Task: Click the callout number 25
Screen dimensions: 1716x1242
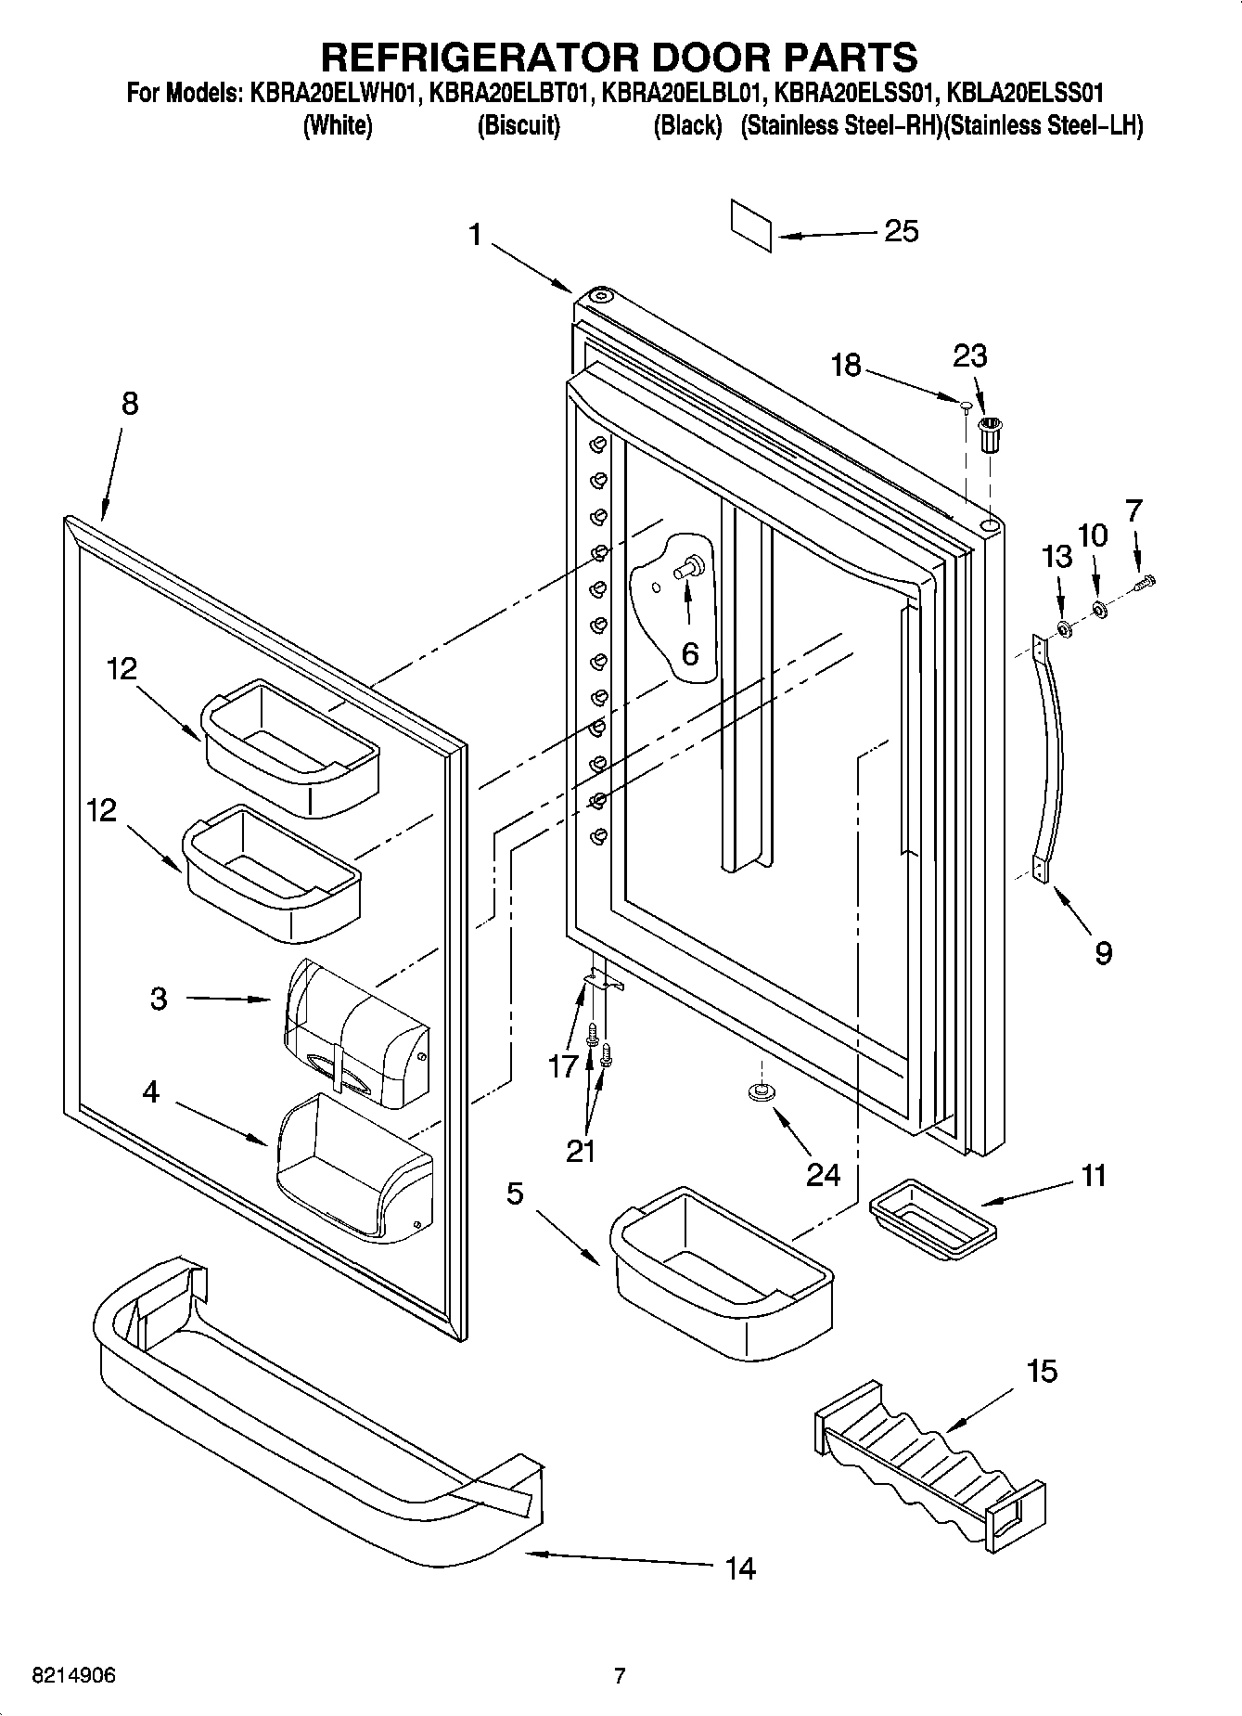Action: pyautogui.click(x=901, y=230)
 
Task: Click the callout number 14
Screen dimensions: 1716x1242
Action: pyautogui.click(x=739, y=1568)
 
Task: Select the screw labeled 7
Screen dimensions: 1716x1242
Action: pyautogui.click(x=1146, y=581)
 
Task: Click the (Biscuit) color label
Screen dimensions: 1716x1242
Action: pyautogui.click(x=518, y=126)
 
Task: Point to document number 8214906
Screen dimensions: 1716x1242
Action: pyautogui.click(x=73, y=1675)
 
